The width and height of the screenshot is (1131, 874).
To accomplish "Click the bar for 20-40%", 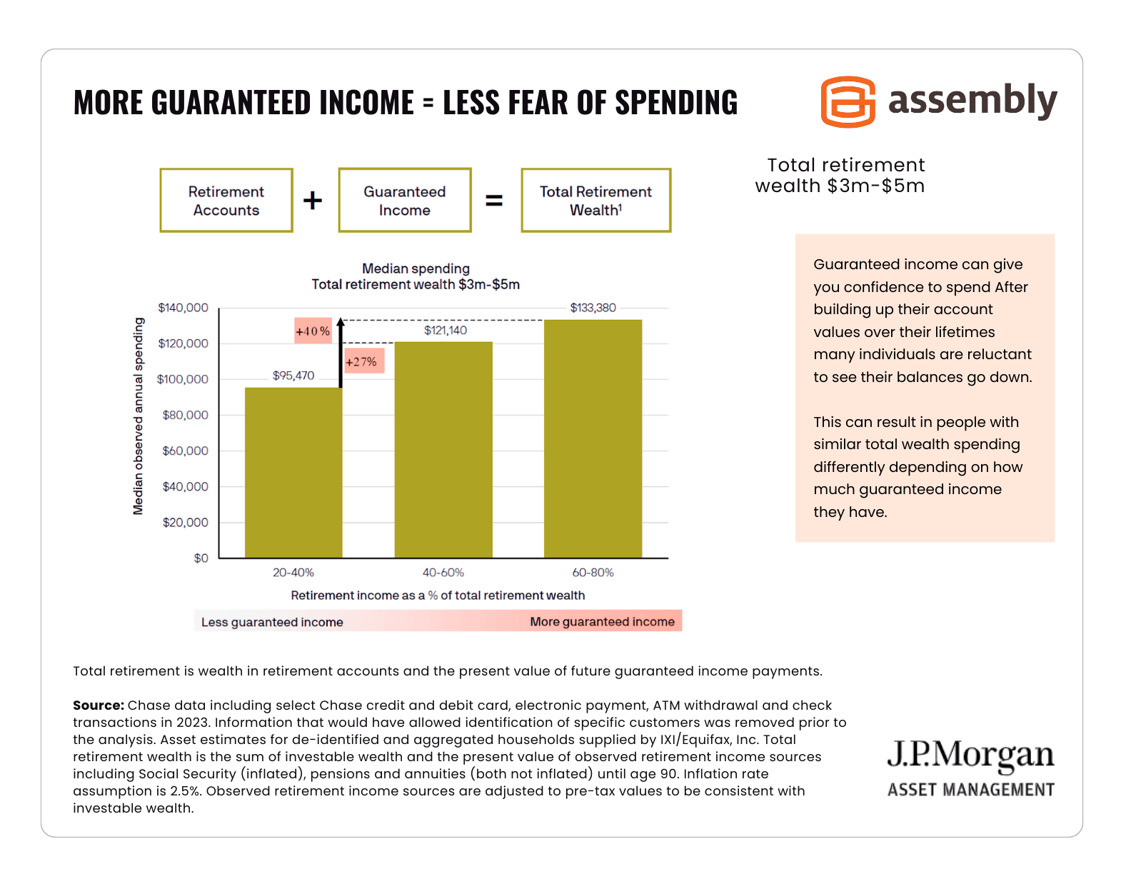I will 293,472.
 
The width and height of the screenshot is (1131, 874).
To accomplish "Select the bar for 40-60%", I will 443,450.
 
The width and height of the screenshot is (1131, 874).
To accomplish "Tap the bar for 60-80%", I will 593,438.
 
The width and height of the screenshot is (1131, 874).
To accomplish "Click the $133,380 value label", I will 593,308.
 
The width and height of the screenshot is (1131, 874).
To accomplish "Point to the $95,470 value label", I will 293,376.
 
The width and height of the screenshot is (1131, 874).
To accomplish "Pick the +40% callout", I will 313,331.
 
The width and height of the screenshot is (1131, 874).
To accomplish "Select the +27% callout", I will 361,361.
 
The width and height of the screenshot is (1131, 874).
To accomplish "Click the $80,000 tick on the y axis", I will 185,415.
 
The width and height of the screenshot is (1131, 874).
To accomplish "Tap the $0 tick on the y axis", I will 201,558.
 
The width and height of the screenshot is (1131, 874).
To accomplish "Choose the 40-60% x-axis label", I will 443,573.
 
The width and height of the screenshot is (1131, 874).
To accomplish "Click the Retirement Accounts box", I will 226,201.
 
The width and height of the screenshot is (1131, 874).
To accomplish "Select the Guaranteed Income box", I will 405,201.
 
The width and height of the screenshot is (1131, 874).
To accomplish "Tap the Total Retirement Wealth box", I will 595,201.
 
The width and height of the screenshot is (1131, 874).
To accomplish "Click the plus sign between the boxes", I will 313,201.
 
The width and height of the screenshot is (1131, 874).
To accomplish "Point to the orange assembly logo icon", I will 848,102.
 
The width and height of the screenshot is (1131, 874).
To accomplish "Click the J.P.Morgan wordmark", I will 970,755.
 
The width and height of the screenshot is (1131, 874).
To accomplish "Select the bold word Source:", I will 99,705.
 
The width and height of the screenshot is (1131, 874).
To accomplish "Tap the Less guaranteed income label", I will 272,622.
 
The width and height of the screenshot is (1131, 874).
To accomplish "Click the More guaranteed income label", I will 602,622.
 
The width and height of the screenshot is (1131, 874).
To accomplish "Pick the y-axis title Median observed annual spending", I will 139,416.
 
